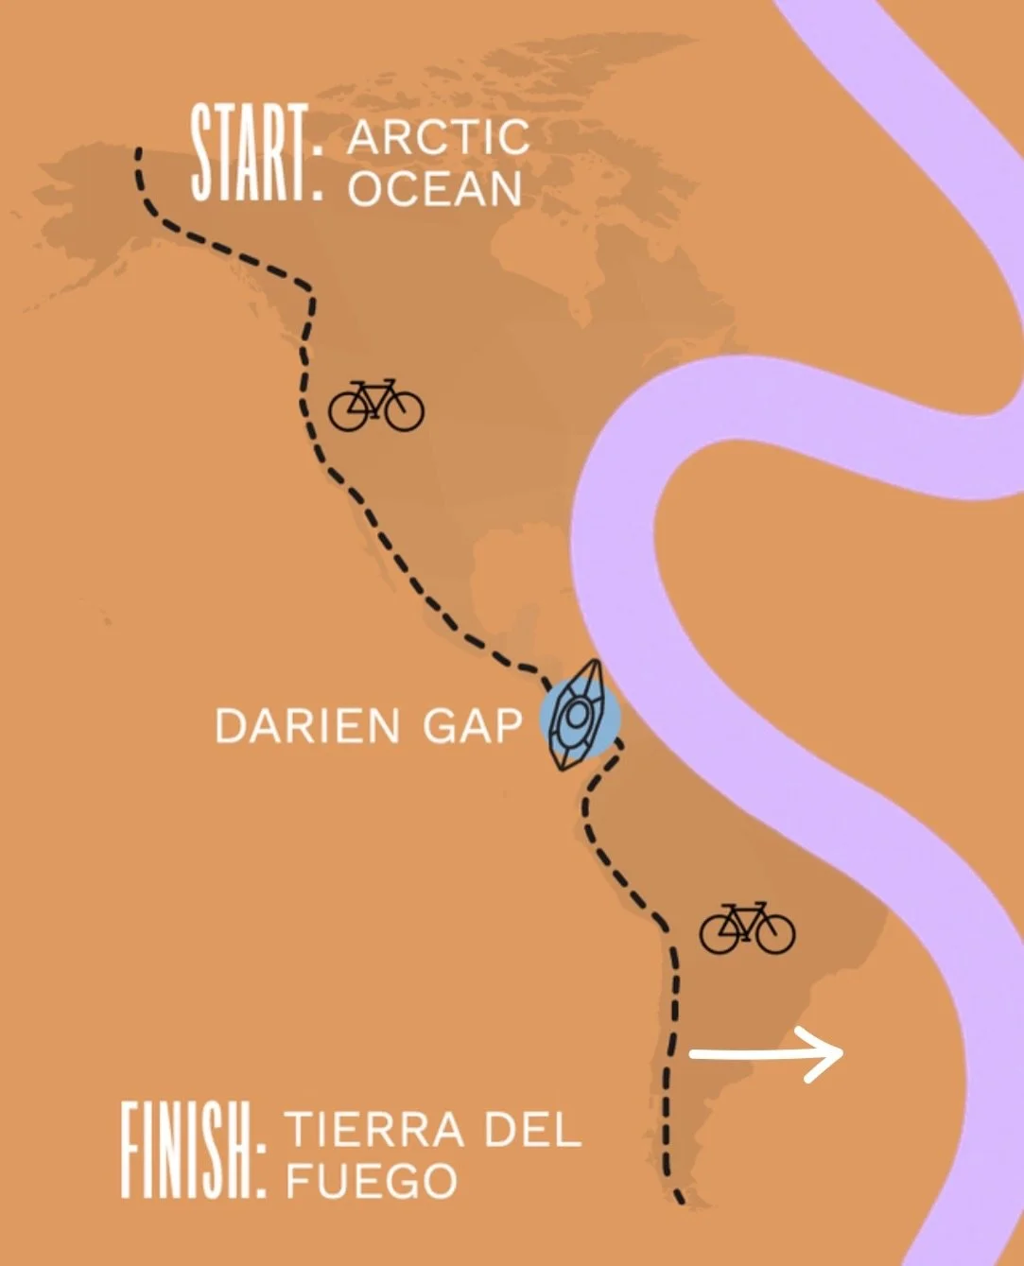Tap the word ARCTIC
tap(438, 138)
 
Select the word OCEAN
tap(435, 189)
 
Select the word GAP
tap(472, 726)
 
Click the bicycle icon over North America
tap(375, 406)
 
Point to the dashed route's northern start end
tap(139, 151)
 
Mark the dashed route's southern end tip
tap(679, 1201)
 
